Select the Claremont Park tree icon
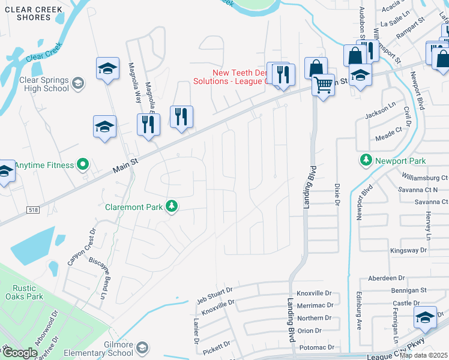point(172,206)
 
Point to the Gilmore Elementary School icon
point(142,348)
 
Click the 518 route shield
point(32,209)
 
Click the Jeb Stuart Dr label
point(216,292)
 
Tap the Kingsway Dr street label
point(408,250)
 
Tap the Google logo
point(20,353)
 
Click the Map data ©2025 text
point(424,355)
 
